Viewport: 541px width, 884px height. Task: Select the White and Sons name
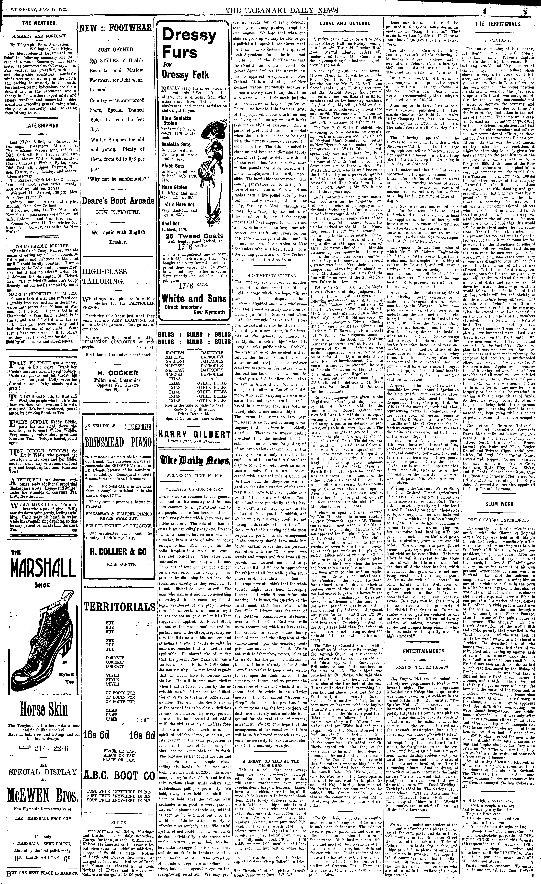194,299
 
